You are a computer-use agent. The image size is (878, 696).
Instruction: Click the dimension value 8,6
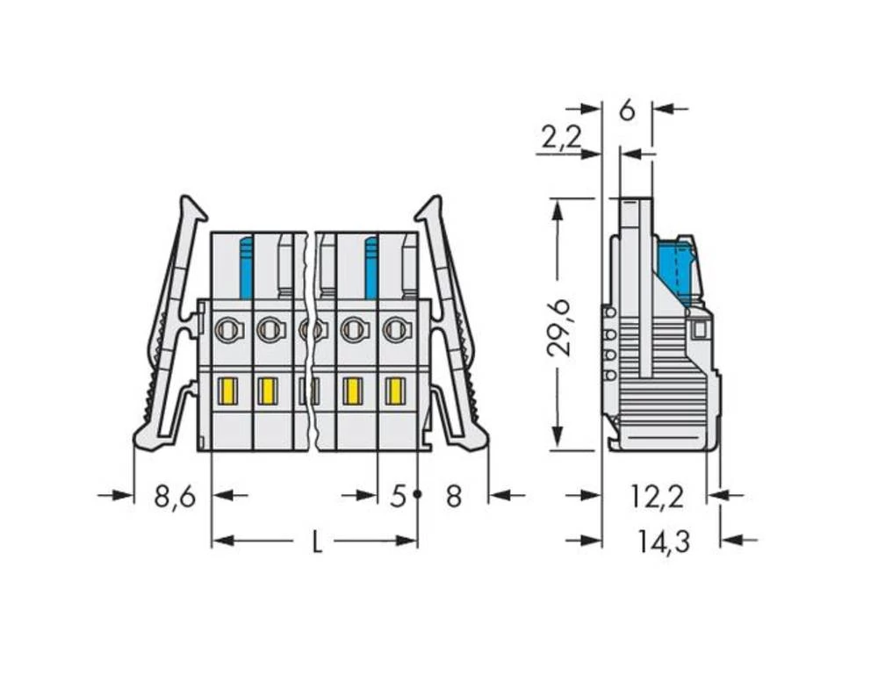[x=174, y=497]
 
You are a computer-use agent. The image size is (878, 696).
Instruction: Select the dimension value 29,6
[x=559, y=326]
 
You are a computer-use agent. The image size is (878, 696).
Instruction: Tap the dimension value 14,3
[x=664, y=542]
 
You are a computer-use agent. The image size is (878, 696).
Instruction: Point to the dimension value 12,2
[x=657, y=497]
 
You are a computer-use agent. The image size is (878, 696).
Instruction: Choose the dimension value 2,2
[x=561, y=137]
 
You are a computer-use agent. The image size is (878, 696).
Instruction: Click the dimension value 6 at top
[x=626, y=111]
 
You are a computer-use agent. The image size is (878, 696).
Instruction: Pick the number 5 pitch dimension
[x=398, y=497]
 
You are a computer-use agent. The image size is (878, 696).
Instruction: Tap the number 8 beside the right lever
[x=453, y=497]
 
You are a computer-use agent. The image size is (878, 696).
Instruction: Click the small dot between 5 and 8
[x=418, y=495]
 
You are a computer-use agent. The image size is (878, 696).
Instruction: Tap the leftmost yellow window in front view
[x=227, y=391]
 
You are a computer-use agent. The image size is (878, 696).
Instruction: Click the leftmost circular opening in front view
[x=227, y=330]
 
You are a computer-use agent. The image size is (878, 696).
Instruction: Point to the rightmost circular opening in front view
[x=396, y=330]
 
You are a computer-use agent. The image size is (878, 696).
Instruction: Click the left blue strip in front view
[x=246, y=267]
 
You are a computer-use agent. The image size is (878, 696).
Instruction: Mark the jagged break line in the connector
[x=311, y=342]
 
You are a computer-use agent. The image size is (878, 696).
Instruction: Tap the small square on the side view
[x=700, y=330]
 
